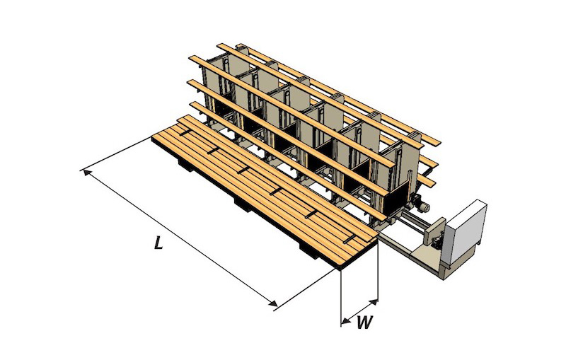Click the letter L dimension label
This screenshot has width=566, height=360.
[158, 243]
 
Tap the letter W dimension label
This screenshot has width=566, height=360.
[364, 322]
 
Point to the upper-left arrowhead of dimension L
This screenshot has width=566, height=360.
[86, 172]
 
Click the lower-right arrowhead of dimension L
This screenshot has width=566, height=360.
[272, 303]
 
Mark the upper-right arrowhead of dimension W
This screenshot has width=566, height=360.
[374, 300]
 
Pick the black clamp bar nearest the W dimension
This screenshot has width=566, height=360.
[350, 238]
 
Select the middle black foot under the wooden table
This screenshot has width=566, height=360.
[242, 204]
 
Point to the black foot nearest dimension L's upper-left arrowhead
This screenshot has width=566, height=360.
[186, 167]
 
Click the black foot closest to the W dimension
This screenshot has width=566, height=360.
[308, 250]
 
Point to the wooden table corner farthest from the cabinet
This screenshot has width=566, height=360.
[151, 137]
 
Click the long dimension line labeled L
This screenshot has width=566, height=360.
[180, 238]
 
